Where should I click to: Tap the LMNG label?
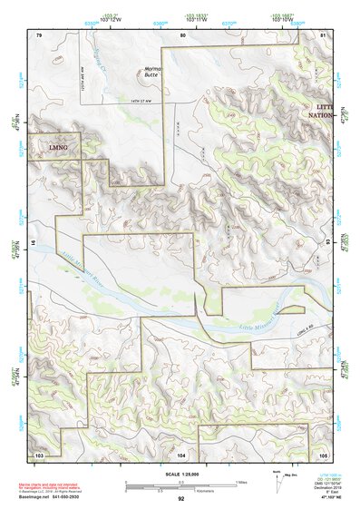(x=57, y=145)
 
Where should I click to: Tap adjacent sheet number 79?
(x=39, y=34)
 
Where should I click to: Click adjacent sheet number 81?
(x=323, y=34)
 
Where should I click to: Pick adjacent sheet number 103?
(x=39, y=453)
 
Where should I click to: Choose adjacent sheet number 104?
(x=181, y=453)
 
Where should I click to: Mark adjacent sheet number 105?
(x=323, y=453)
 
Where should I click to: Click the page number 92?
(x=181, y=498)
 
